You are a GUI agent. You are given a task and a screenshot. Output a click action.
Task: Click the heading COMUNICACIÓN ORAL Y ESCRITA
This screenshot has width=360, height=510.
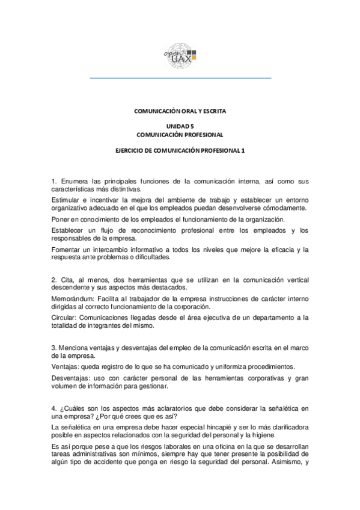point(180,111)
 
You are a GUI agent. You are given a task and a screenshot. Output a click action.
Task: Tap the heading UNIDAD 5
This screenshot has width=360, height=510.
point(180,126)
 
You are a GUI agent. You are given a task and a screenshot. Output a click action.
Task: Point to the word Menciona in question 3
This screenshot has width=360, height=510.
point(76,347)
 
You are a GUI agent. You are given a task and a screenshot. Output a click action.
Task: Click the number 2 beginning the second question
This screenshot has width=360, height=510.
point(53,278)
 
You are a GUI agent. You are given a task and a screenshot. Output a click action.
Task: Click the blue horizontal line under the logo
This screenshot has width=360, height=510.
point(180,78)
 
